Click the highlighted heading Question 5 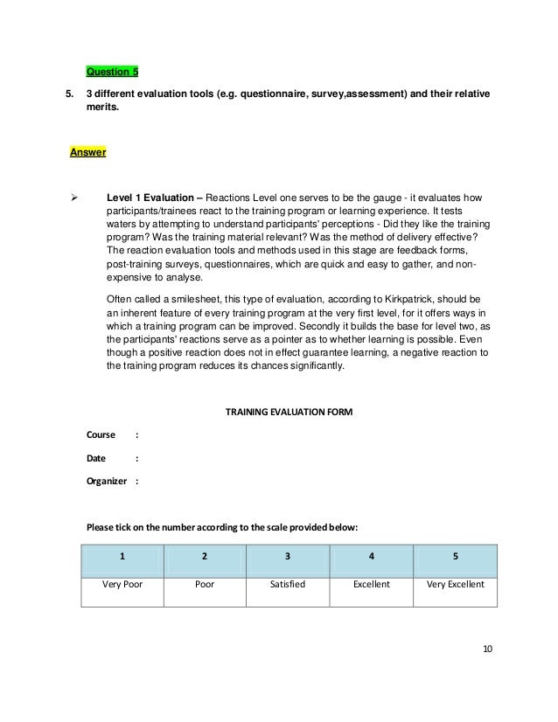112,71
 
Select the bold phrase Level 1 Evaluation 150,197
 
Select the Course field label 100,434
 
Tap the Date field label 95,457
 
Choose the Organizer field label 107,480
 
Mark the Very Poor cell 122,585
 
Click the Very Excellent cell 455,585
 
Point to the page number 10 488,649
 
